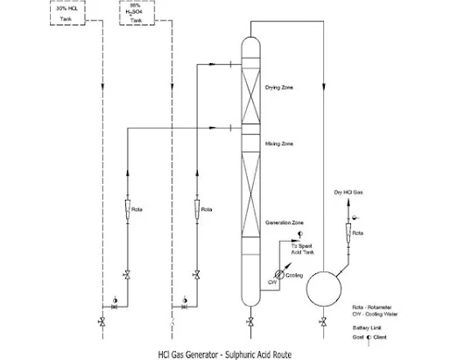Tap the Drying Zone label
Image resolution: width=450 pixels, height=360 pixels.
[x=280, y=88]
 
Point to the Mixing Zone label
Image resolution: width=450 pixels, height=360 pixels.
[x=279, y=142]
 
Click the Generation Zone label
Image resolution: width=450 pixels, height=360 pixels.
[x=285, y=223]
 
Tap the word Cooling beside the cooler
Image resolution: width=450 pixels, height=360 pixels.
[x=295, y=276]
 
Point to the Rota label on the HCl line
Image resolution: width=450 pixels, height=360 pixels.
[x=137, y=210]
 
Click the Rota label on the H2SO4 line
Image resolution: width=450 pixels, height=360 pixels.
[x=207, y=210]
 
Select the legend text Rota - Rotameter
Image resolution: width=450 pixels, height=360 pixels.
[x=370, y=307]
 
